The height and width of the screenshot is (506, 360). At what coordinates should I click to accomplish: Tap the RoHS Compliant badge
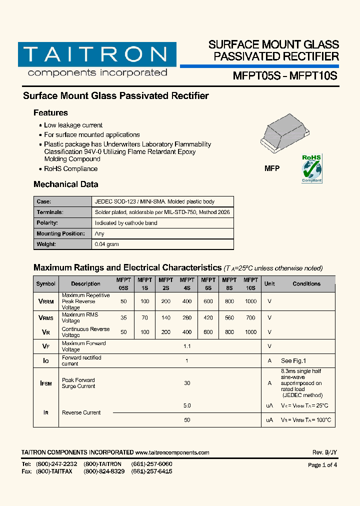click(x=311, y=168)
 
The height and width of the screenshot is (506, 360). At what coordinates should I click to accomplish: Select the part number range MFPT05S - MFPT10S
click(x=285, y=76)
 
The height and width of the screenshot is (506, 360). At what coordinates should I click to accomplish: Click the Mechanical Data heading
click(x=65, y=184)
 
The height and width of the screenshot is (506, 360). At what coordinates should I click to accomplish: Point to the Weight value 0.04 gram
click(x=107, y=244)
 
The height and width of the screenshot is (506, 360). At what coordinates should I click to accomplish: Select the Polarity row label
click(x=47, y=223)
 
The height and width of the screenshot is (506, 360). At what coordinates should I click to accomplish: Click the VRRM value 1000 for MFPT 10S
click(x=251, y=301)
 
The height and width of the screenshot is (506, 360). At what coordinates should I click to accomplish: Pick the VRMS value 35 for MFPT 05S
click(x=123, y=317)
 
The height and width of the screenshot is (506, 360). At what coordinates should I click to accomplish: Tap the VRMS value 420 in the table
click(x=208, y=317)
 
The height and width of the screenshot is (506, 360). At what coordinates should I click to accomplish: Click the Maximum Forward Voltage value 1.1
click(x=187, y=346)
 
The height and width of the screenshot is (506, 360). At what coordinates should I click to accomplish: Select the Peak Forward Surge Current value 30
click(x=187, y=383)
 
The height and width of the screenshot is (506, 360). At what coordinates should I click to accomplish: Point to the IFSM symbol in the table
click(x=45, y=383)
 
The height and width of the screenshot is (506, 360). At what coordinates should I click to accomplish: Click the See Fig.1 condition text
click(x=293, y=360)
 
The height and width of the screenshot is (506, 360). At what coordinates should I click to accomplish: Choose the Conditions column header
click(x=306, y=284)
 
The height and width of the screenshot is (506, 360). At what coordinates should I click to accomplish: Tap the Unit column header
click(x=269, y=284)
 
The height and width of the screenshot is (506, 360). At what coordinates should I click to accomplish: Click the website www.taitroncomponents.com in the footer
click(x=172, y=452)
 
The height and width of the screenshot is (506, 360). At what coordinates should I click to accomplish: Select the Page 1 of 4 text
click(x=322, y=465)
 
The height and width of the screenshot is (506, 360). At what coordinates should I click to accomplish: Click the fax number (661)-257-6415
click(x=151, y=471)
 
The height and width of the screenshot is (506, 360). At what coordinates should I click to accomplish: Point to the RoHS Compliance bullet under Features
click(x=70, y=169)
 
